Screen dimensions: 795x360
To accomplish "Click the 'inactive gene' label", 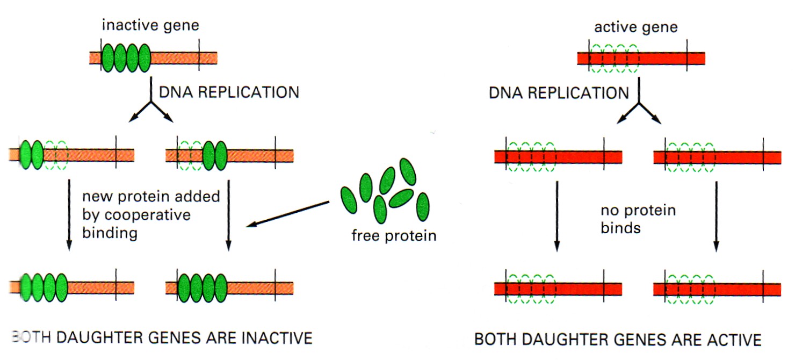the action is coord(150,26).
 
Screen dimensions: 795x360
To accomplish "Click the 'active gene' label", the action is coord(636,27).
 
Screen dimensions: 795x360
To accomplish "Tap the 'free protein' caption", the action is coord(394,236).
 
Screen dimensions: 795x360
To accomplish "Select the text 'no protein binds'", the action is coord(638,219).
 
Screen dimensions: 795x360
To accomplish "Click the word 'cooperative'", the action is coord(136,215).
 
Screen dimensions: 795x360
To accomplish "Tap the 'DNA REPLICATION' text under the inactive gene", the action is coord(229,92).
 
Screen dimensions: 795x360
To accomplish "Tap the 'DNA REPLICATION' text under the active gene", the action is coord(559,93).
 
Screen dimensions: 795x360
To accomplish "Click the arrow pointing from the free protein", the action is coord(288,214).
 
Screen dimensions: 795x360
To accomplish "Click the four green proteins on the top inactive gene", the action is coord(126,58).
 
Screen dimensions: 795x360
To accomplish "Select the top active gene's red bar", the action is coord(641,59).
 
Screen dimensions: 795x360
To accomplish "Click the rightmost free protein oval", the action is coord(423,207).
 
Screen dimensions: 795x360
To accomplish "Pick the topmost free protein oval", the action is coord(408,172).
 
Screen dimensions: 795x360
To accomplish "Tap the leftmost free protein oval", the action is coord(349,200).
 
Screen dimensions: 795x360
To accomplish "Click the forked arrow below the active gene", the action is coord(639,103).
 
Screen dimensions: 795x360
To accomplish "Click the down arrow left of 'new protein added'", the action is coord(69,215).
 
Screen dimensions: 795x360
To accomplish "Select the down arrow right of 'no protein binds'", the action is coord(716,217).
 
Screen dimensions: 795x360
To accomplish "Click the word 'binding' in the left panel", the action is coord(110,233).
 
